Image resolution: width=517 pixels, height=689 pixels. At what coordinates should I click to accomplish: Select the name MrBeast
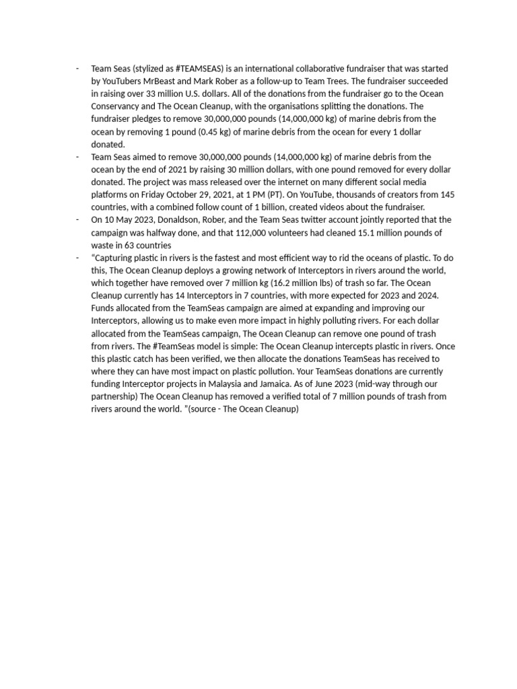[x=152, y=81]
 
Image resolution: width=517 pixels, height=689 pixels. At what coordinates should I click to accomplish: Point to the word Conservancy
[x=115, y=106]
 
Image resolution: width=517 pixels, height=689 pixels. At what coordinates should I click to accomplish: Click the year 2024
[x=427, y=295]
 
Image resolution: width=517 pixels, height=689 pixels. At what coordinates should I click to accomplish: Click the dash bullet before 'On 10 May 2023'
[x=78, y=220]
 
